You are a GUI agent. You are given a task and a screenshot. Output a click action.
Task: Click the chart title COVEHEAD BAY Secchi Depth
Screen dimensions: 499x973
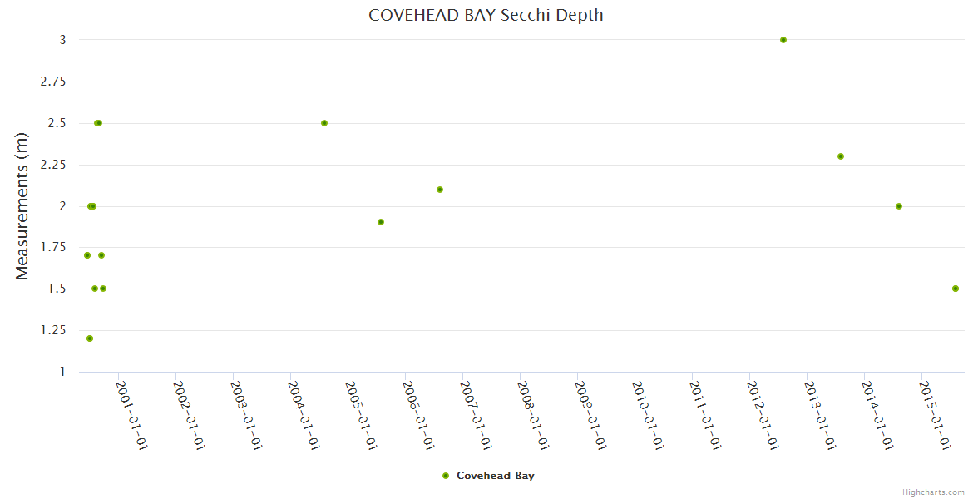click(x=486, y=15)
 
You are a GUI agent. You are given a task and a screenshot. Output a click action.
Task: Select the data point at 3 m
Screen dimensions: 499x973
click(x=783, y=40)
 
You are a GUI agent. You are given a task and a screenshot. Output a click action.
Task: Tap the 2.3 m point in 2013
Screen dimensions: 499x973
click(x=841, y=156)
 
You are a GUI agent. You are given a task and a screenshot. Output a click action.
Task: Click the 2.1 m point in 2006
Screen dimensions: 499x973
click(x=440, y=190)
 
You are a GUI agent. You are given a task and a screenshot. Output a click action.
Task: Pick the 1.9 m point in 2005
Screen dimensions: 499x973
click(x=381, y=222)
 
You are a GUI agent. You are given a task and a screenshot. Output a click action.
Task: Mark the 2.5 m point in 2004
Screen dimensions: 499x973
click(x=324, y=123)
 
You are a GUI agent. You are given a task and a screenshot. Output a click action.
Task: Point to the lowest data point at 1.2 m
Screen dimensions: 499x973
click(x=90, y=338)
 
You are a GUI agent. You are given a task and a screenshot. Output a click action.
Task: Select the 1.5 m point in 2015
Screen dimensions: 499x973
click(x=956, y=289)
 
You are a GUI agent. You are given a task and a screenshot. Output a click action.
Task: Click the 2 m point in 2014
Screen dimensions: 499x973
click(x=899, y=206)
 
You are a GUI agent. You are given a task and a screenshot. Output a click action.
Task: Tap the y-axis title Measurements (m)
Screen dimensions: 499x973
click(x=22, y=206)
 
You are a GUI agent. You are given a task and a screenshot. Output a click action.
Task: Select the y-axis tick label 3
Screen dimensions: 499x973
click(x=62, y=40)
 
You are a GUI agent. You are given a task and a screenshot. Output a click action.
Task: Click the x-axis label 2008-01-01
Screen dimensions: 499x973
click(x=533, y=415)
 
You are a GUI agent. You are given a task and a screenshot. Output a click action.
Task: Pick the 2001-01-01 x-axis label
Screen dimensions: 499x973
click(x=131, y=415)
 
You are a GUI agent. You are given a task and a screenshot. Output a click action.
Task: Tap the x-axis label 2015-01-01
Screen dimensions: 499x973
click(x=935, y=415)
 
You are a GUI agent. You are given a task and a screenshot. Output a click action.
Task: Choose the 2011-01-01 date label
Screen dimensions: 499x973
click(x=705, y=415)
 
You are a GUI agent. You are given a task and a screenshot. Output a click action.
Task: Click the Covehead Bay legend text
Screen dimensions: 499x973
click(x=496, y=476)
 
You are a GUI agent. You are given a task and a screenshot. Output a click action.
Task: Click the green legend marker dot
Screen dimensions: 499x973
click(x=446, y=476)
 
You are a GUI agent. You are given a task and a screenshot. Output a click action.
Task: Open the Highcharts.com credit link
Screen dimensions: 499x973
click(x=933, y=492)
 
